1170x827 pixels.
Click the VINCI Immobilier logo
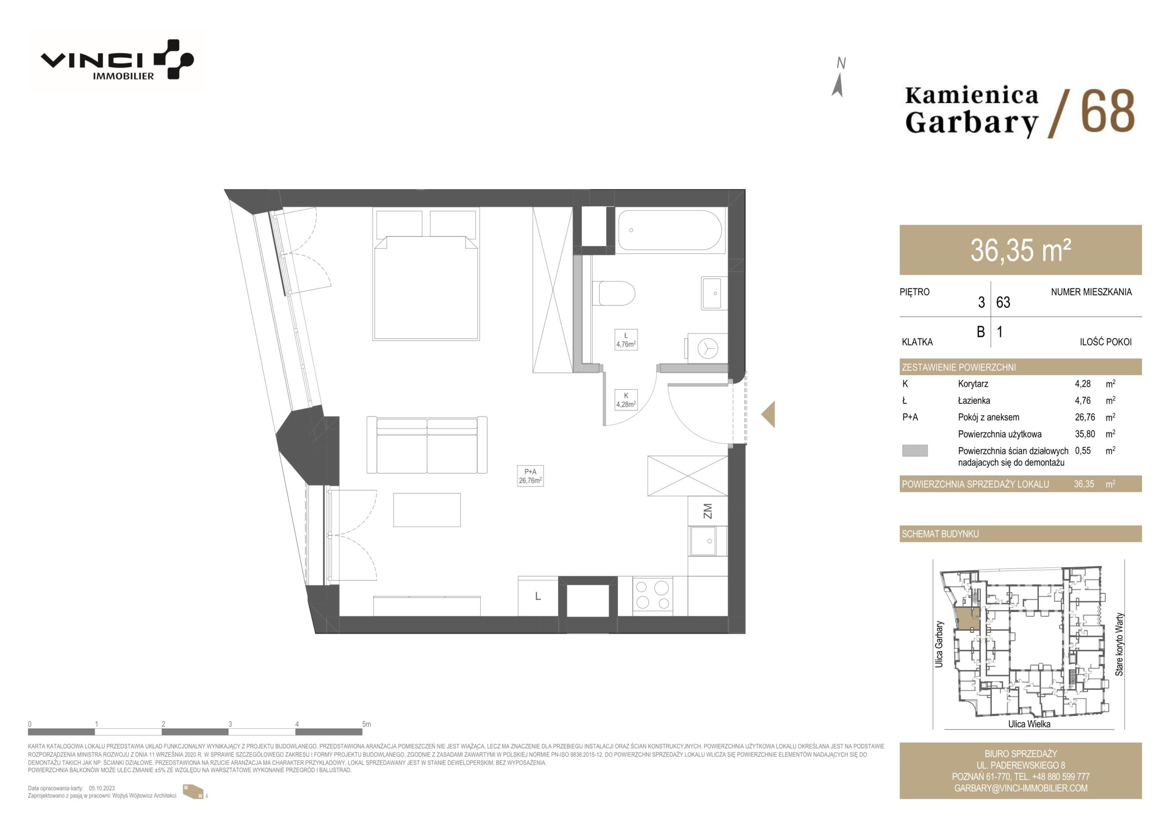click(x=117, y=59)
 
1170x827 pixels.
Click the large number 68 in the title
click(x=1107, y=111)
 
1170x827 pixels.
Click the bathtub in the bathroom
click(x=670, y=230)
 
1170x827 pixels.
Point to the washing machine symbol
click(x=707, y=349)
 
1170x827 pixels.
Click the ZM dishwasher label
click(x=707, y=511)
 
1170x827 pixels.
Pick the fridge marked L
click(x=538, y=596)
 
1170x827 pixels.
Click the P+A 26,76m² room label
click(x=530, y=476)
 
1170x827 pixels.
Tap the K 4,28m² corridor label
click(x=626, y=400)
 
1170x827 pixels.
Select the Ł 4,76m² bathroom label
click(x=626, y=340)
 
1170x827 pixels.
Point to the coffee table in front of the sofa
click(x=426, y=509)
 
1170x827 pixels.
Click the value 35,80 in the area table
click(x=1085, y=434)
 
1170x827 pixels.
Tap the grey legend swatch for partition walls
click(x=915, y=451)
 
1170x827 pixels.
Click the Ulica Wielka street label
click(x=1029, y=724)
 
